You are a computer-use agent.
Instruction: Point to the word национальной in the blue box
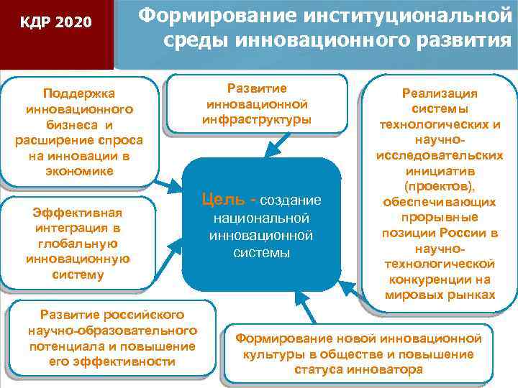[260, 218]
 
